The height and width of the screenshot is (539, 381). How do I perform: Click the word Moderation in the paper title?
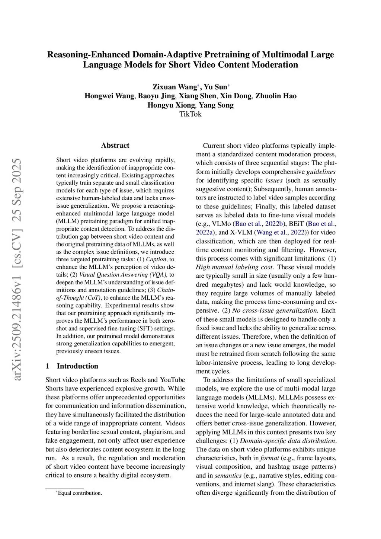coord(275,65)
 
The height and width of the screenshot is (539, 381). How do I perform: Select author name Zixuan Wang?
coord(175,87)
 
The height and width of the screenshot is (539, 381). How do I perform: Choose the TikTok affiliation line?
coord(190,114)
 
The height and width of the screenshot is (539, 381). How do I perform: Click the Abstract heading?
coord(115,146)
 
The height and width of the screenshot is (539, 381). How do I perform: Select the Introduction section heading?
coord(77,366)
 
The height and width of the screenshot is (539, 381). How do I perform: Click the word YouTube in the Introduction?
coord(172,380)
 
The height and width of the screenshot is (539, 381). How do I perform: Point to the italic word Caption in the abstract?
coord(156,259)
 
